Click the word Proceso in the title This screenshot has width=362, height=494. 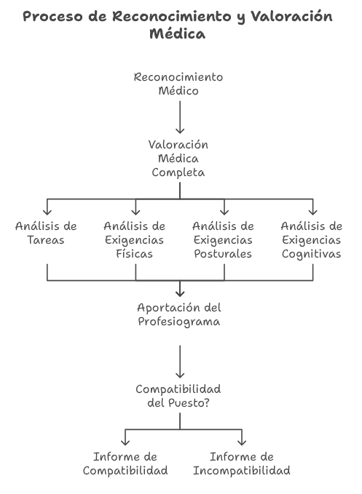point(52,16)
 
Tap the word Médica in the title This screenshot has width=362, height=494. point(178,33)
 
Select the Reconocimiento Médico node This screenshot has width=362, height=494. point(178,84)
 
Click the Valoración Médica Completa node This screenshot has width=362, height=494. point(178,159)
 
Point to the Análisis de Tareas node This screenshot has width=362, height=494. point(46,233)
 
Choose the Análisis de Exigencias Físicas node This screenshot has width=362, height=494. point(135,240)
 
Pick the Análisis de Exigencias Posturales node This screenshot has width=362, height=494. point(224,240)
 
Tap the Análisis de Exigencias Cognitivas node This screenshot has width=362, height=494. point(312,240)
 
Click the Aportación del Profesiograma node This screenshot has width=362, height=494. point(179,314)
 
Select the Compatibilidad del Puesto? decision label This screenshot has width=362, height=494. point(178,396)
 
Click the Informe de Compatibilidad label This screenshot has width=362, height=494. point(125,463)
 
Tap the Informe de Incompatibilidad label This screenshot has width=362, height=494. point(242,463)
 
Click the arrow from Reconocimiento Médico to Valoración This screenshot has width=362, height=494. point(180,117)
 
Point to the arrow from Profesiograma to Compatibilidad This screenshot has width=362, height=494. point(180,362)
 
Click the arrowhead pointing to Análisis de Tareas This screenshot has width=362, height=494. point(47,212)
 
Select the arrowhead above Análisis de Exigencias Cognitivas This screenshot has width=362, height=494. point(313,212)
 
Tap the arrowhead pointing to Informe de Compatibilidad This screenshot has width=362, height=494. point(125,442)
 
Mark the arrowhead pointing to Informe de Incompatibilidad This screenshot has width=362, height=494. point(242,442)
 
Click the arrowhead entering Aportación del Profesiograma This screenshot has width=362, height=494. point(180,293)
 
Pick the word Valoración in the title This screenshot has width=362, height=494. point(291,16)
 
